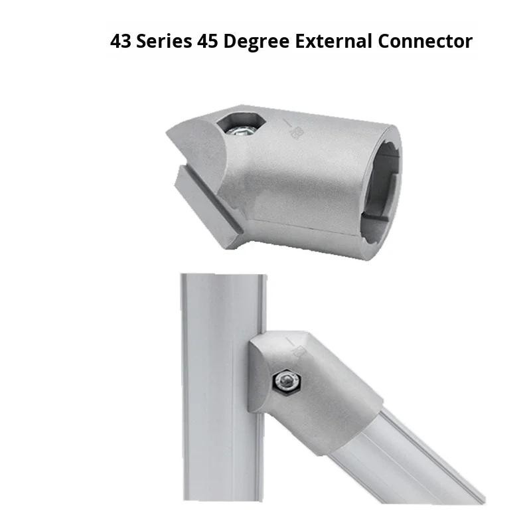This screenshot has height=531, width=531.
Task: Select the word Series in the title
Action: click(166, 41)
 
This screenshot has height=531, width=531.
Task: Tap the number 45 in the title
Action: click(208, 41)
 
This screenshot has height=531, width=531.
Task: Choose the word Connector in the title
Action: click(425, 41)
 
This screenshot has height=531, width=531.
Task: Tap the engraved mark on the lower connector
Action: click(299, 348)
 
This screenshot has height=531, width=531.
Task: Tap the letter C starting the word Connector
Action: click(385, 41)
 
